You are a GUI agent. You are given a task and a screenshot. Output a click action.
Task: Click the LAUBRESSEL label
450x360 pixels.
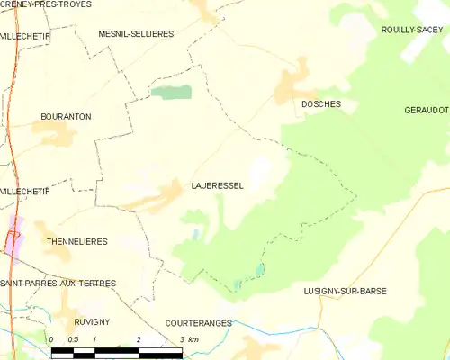pos(217,185)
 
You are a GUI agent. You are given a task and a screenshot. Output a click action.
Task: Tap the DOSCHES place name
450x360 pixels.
pos(320,104)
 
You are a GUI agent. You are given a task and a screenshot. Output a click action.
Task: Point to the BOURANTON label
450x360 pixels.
pos(67,117)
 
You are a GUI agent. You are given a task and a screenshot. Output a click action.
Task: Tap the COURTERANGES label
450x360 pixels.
pos(198,322)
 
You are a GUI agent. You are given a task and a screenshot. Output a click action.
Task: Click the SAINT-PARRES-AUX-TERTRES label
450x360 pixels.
pos(58,283)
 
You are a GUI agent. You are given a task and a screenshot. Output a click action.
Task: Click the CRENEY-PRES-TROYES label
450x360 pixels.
pos(45,5)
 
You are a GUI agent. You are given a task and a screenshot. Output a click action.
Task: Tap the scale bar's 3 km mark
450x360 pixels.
pos(183,339)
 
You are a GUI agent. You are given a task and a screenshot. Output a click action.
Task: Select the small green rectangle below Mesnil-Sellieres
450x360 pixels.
pos(171,91)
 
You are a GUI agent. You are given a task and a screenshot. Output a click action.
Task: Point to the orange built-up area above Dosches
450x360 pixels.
pos(293,85)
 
